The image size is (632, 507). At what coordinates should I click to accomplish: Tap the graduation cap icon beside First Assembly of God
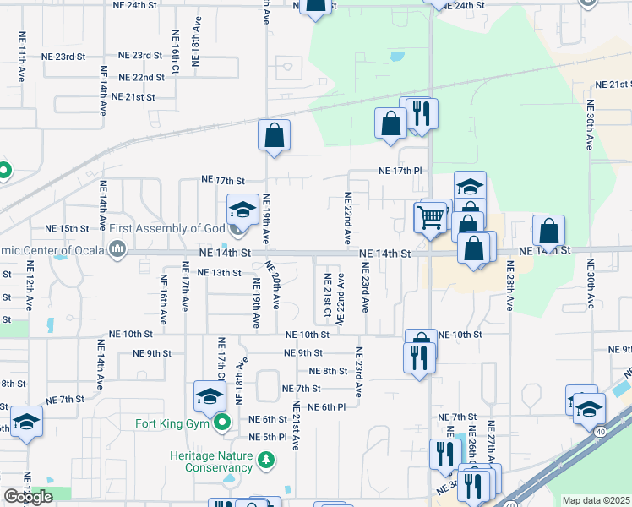pos(242,210)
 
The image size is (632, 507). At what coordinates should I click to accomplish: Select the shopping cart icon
pos(430,217)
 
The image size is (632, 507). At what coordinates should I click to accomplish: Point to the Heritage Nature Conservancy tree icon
pos(267,461)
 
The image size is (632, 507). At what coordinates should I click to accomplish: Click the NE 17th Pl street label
pos(399,171)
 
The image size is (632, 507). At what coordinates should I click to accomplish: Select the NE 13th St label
pos(219,273)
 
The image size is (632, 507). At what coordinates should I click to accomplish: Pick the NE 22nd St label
pos(142,77)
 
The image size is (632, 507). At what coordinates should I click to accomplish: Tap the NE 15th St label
pos(67,229)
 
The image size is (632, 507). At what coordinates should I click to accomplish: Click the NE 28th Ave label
pos(510,284)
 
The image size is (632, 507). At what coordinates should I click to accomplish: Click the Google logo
pos(28,497)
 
